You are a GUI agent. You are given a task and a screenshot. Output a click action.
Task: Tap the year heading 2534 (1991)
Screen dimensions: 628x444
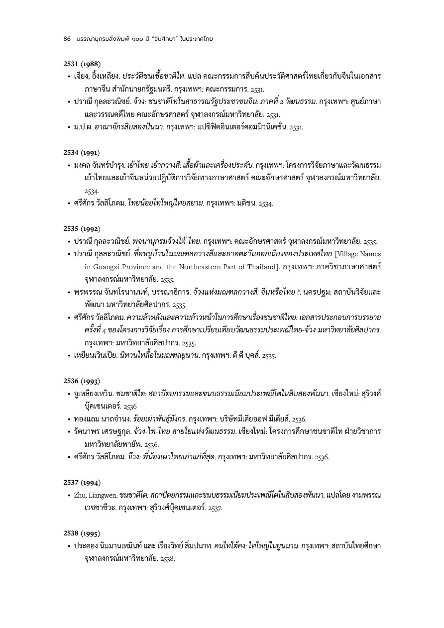pyautogui.click(x=82, y=151)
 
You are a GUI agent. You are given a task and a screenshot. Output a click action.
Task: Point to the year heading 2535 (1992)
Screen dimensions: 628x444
pyautogui.click(x=82, y=228)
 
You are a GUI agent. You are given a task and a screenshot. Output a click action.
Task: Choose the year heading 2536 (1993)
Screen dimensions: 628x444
pyautogui.click(x=82, y=381)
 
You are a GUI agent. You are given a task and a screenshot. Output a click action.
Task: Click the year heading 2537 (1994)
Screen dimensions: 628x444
pyautogui.click(x=82, y=483)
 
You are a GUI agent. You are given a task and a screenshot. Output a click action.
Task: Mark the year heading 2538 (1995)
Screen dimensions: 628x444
pyautogui.click(x=82, y=533)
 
